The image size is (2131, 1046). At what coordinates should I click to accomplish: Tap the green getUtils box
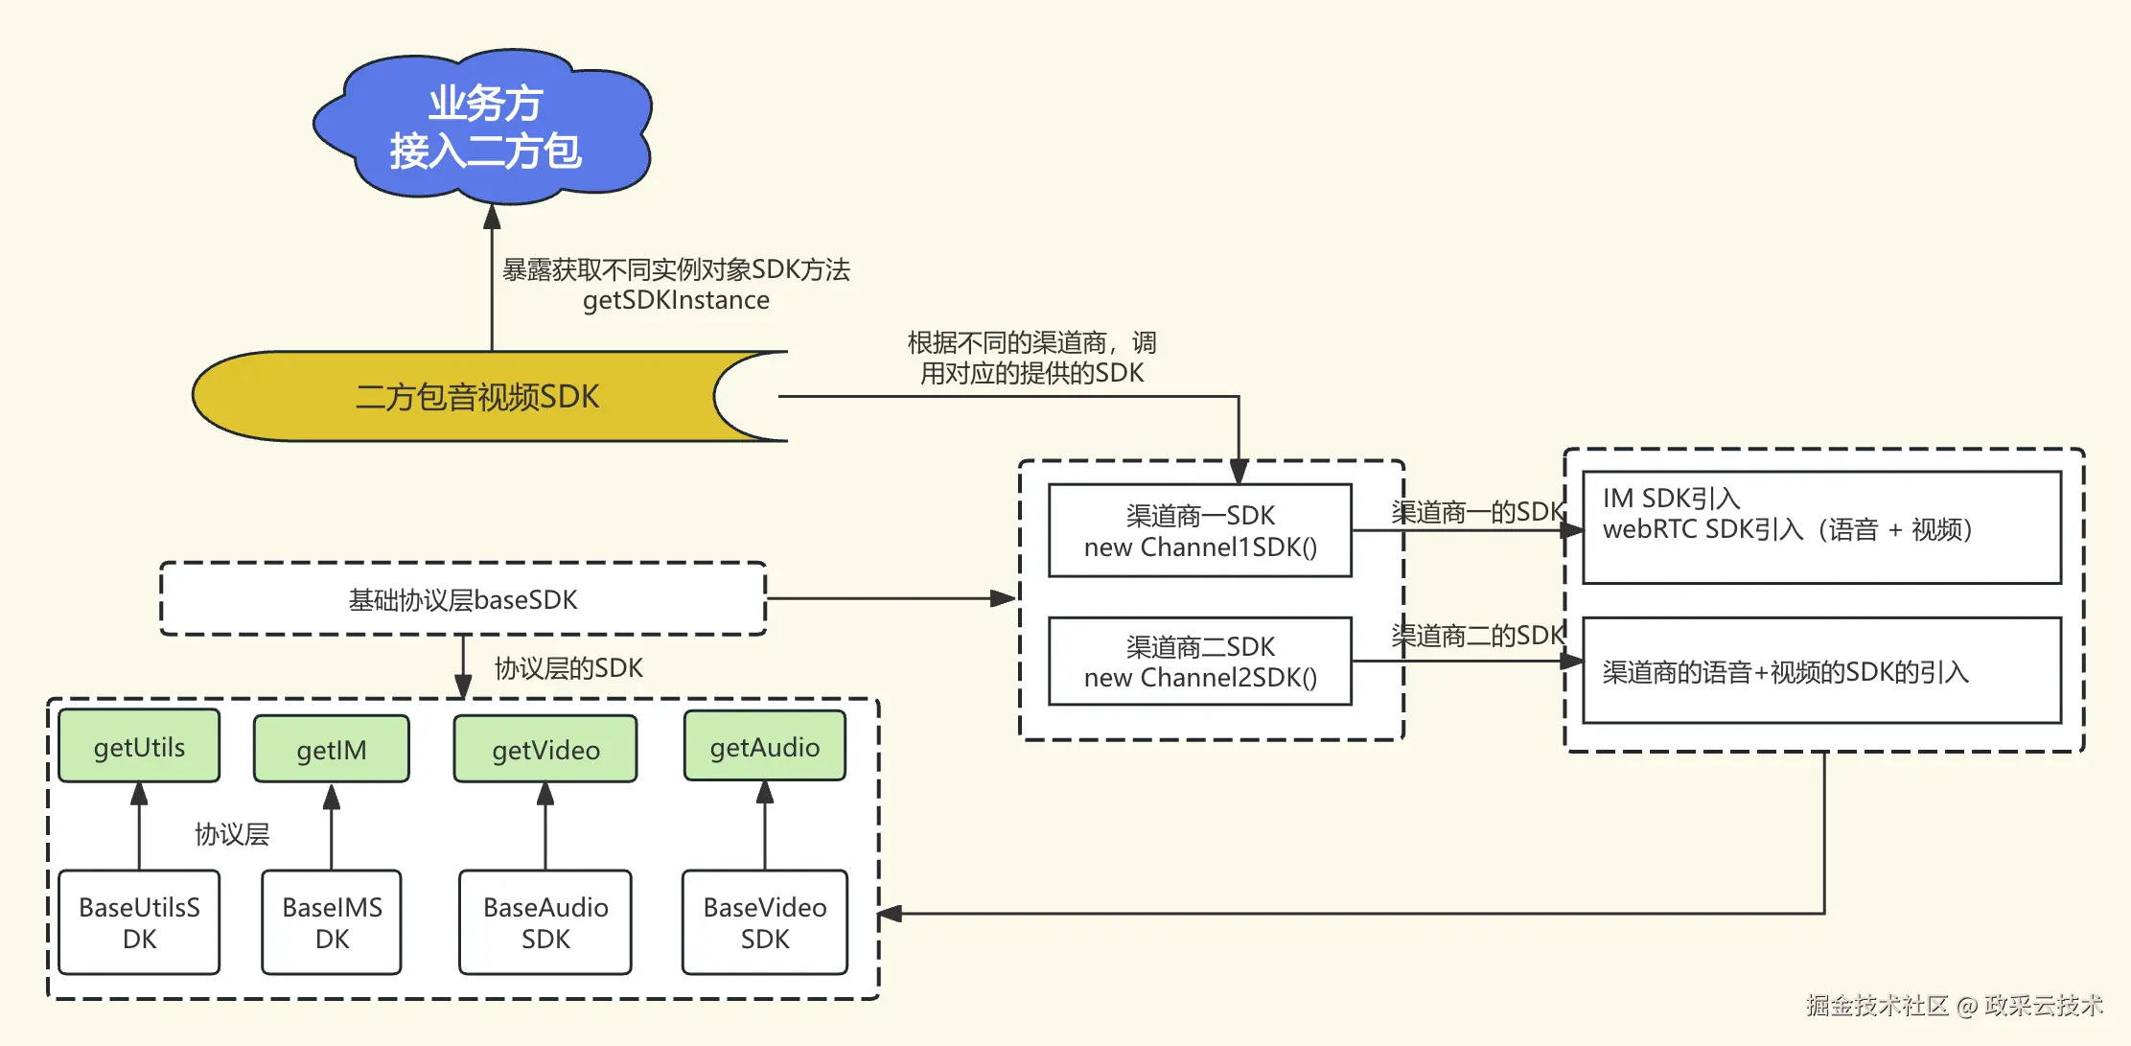[x=139, y=747]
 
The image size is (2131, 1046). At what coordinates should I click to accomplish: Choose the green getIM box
[x=332, y=749]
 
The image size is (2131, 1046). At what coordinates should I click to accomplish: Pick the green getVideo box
[x=545, y=749]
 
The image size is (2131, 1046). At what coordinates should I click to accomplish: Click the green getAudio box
[x=764, y=747]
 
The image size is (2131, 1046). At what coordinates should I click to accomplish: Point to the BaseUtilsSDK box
[x=139, y=922]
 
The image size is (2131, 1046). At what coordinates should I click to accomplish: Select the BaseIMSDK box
[x=332, y=922]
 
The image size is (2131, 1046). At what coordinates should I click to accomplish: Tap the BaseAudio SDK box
[x=545, y=922]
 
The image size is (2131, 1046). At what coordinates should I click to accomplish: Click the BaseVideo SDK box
[x=764, y=922]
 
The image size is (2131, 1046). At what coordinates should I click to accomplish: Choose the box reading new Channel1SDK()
[x=1200, y=530]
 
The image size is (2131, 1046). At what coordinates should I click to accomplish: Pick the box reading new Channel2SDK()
[x=1200, y=662]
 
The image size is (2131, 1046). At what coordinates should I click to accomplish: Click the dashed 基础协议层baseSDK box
[x=463, y=599]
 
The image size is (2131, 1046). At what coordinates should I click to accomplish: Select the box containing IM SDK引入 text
[x=1821, y=526]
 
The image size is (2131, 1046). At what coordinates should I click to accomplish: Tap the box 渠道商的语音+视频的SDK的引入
[x=1821, y=671]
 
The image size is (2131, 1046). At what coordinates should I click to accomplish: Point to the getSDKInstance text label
[x=676, y=300]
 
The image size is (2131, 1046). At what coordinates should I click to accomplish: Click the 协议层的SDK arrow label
[x=568, y=668]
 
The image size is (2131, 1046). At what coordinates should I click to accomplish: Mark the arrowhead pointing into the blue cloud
[x=492, y=217]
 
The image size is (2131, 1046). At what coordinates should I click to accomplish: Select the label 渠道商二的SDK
[x=1477, y=636]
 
